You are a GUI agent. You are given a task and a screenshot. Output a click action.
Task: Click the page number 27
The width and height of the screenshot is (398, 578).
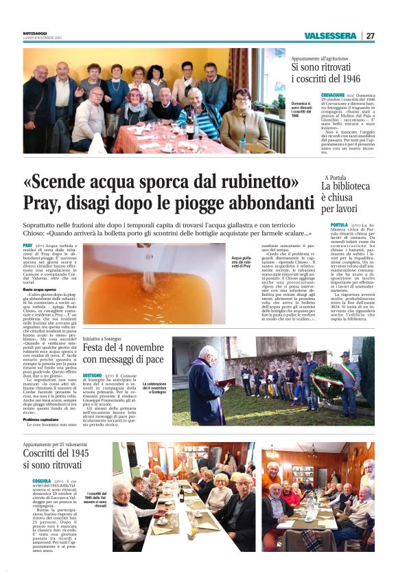[x=371, y=36]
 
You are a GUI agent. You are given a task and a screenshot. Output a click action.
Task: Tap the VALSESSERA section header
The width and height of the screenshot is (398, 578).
[x=331, y=36]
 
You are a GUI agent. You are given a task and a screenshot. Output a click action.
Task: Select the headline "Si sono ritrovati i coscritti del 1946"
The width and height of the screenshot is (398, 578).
[x=333, y=72]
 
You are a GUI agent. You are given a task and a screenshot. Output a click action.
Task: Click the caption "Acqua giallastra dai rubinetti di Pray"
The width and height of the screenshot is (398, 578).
[x=242, y=265]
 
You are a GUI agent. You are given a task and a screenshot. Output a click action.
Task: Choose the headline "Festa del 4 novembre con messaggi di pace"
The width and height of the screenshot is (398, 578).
[x=123, y=354]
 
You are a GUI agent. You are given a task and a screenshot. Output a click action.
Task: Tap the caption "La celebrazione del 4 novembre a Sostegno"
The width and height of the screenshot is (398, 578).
[x=154, y=389]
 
